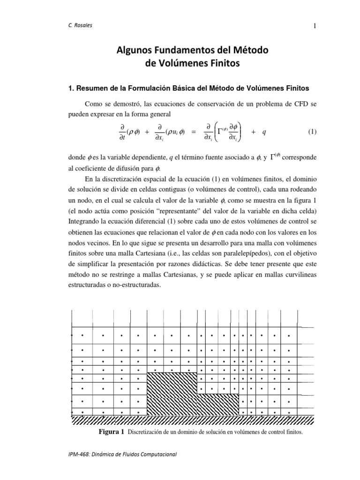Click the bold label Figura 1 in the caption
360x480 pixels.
tap(111, 432)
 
